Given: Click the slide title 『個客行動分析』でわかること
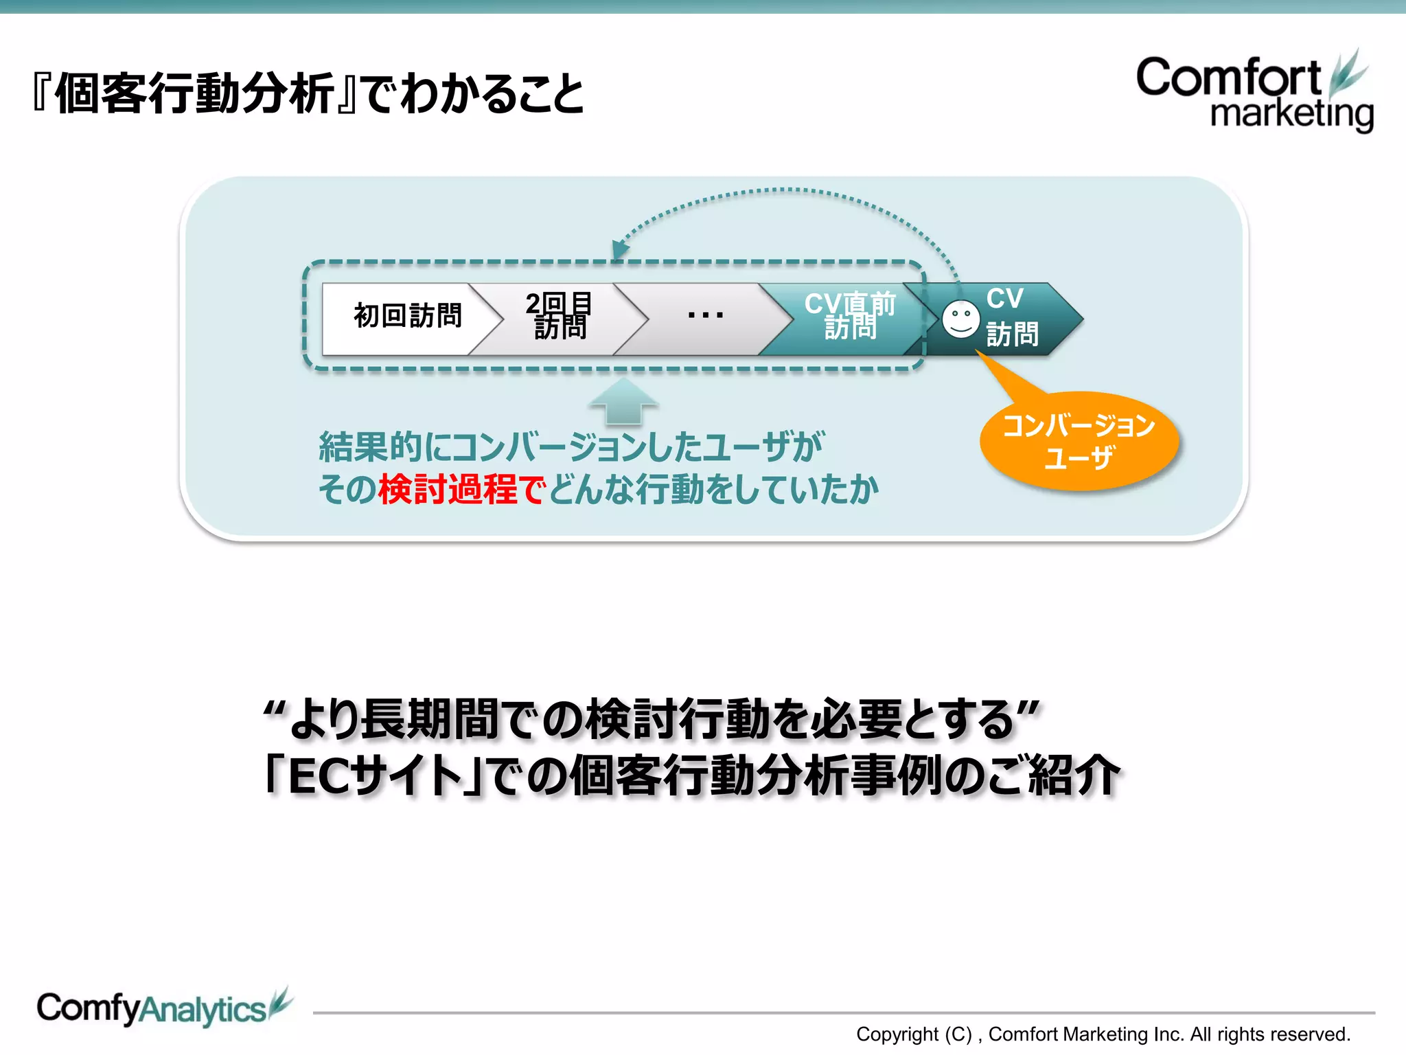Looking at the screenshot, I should pos(309,94).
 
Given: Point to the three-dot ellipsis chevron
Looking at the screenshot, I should pos(705,317).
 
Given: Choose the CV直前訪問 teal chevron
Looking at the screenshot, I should pos(849,317).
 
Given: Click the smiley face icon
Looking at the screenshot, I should pos(960,319).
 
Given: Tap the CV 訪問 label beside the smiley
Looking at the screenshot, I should pos(1012,317).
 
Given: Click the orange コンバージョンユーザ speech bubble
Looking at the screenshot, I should pos(1079,441).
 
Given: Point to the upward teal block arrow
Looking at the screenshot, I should pos(623,401).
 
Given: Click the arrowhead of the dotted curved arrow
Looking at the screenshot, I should pos(619,249).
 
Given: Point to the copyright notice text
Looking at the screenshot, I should pos(1103,1034).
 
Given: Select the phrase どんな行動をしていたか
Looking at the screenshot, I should pos(714,490).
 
